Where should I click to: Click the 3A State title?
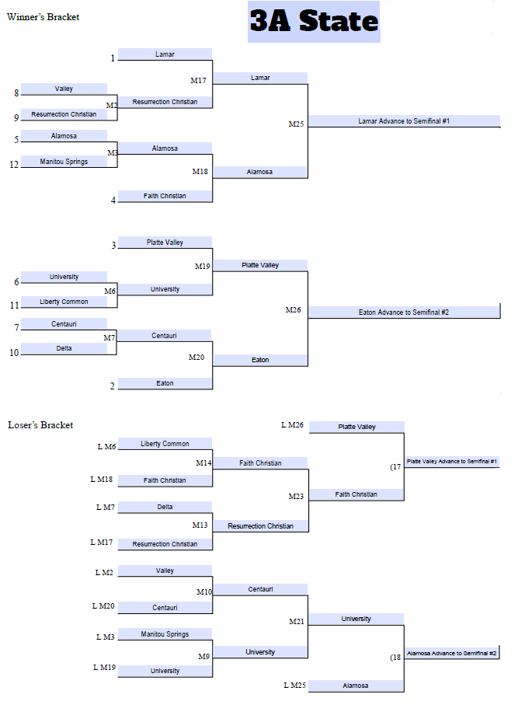pyautogui.click(x=314, y=22)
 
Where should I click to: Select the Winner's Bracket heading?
pyautogui.click(x=43, y=17)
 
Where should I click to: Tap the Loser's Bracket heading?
pyautogui.click(x=40, y=425)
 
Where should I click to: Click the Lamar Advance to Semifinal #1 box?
pyautogui.click(x=404, y=121)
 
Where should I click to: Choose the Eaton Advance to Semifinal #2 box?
pyautogui.click(x=404, y=312)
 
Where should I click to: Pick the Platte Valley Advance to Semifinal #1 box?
pyautogui.click(x=452, y=462)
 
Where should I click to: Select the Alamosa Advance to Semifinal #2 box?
pyautogui.click(x=452, y=654)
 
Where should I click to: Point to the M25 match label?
pyautogui.click(x=297, y=124)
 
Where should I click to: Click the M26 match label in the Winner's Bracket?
pyautogui.click(x=293, y=310)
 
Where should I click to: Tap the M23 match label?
pyautogui.click(x=297, y=496)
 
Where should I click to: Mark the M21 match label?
pyautogui.click(x=297, y=621)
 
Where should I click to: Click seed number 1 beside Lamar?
pyautogui.click(x=112, y=58)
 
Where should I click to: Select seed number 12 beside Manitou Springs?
pyautogui.click(x=14, y=165)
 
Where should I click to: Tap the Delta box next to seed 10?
pyautogui.click(x=64, y=348)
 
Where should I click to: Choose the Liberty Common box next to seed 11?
pyautogui.click(x=64, y=302)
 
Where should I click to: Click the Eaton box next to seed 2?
pyautogui.click(x=165, y=383)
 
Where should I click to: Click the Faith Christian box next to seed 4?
pyautogui.click(x=165, y=196)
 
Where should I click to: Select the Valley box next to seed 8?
pyautogui.click(x=64, y=89)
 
